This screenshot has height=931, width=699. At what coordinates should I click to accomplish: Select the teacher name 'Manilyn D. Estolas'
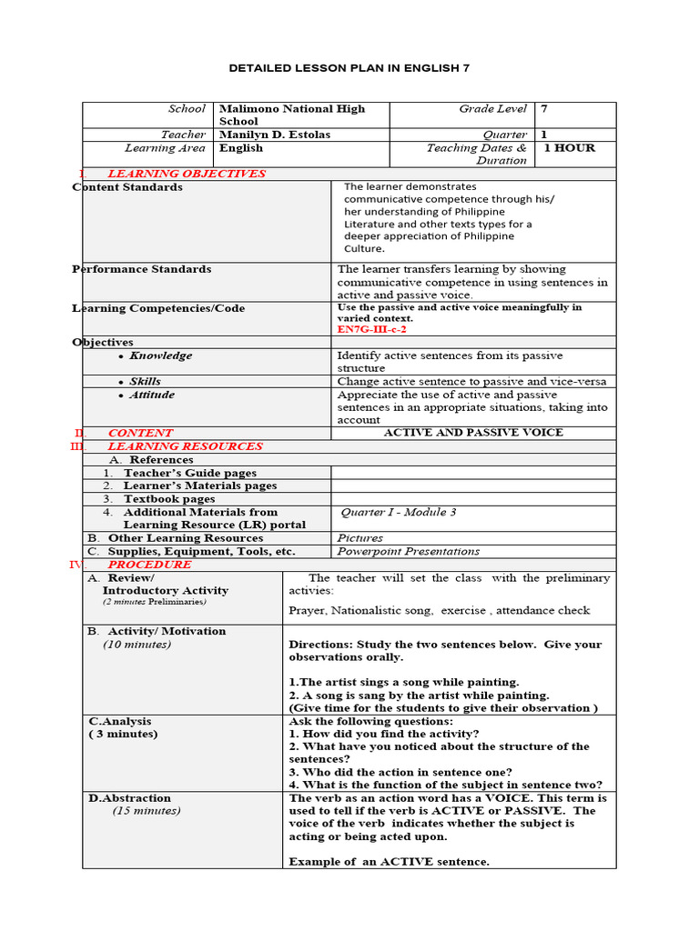(x=275, y=135)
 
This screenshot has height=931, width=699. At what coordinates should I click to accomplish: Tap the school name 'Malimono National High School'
(x=291, y=115)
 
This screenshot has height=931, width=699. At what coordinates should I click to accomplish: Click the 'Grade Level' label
(x=492, y=109)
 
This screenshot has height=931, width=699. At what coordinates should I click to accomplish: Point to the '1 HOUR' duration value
(x=569, y=148)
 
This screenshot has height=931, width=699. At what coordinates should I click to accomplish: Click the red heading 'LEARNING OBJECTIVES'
(x=187, y=174)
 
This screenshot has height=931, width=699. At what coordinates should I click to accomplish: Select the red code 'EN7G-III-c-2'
(x=371, y=329)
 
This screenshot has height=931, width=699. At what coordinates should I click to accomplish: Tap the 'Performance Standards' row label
(x=142, y=269)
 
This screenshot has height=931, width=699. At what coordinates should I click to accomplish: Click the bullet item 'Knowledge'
(x=160, y=356)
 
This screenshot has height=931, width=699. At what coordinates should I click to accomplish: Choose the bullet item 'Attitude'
(x=151, y=395)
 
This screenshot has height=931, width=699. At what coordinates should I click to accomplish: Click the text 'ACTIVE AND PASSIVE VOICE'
(x=473, y=433)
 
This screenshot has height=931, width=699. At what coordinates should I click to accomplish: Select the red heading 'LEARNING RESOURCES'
(x=185, y=446)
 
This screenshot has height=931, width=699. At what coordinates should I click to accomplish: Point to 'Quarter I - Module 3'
(x=398, y=513)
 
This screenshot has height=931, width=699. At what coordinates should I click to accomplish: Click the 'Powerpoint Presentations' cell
(x=408, y=551)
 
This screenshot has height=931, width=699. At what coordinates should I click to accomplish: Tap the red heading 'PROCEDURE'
(x=150, y=565)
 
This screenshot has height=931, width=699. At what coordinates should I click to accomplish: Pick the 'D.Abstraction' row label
(x=129, y=798)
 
